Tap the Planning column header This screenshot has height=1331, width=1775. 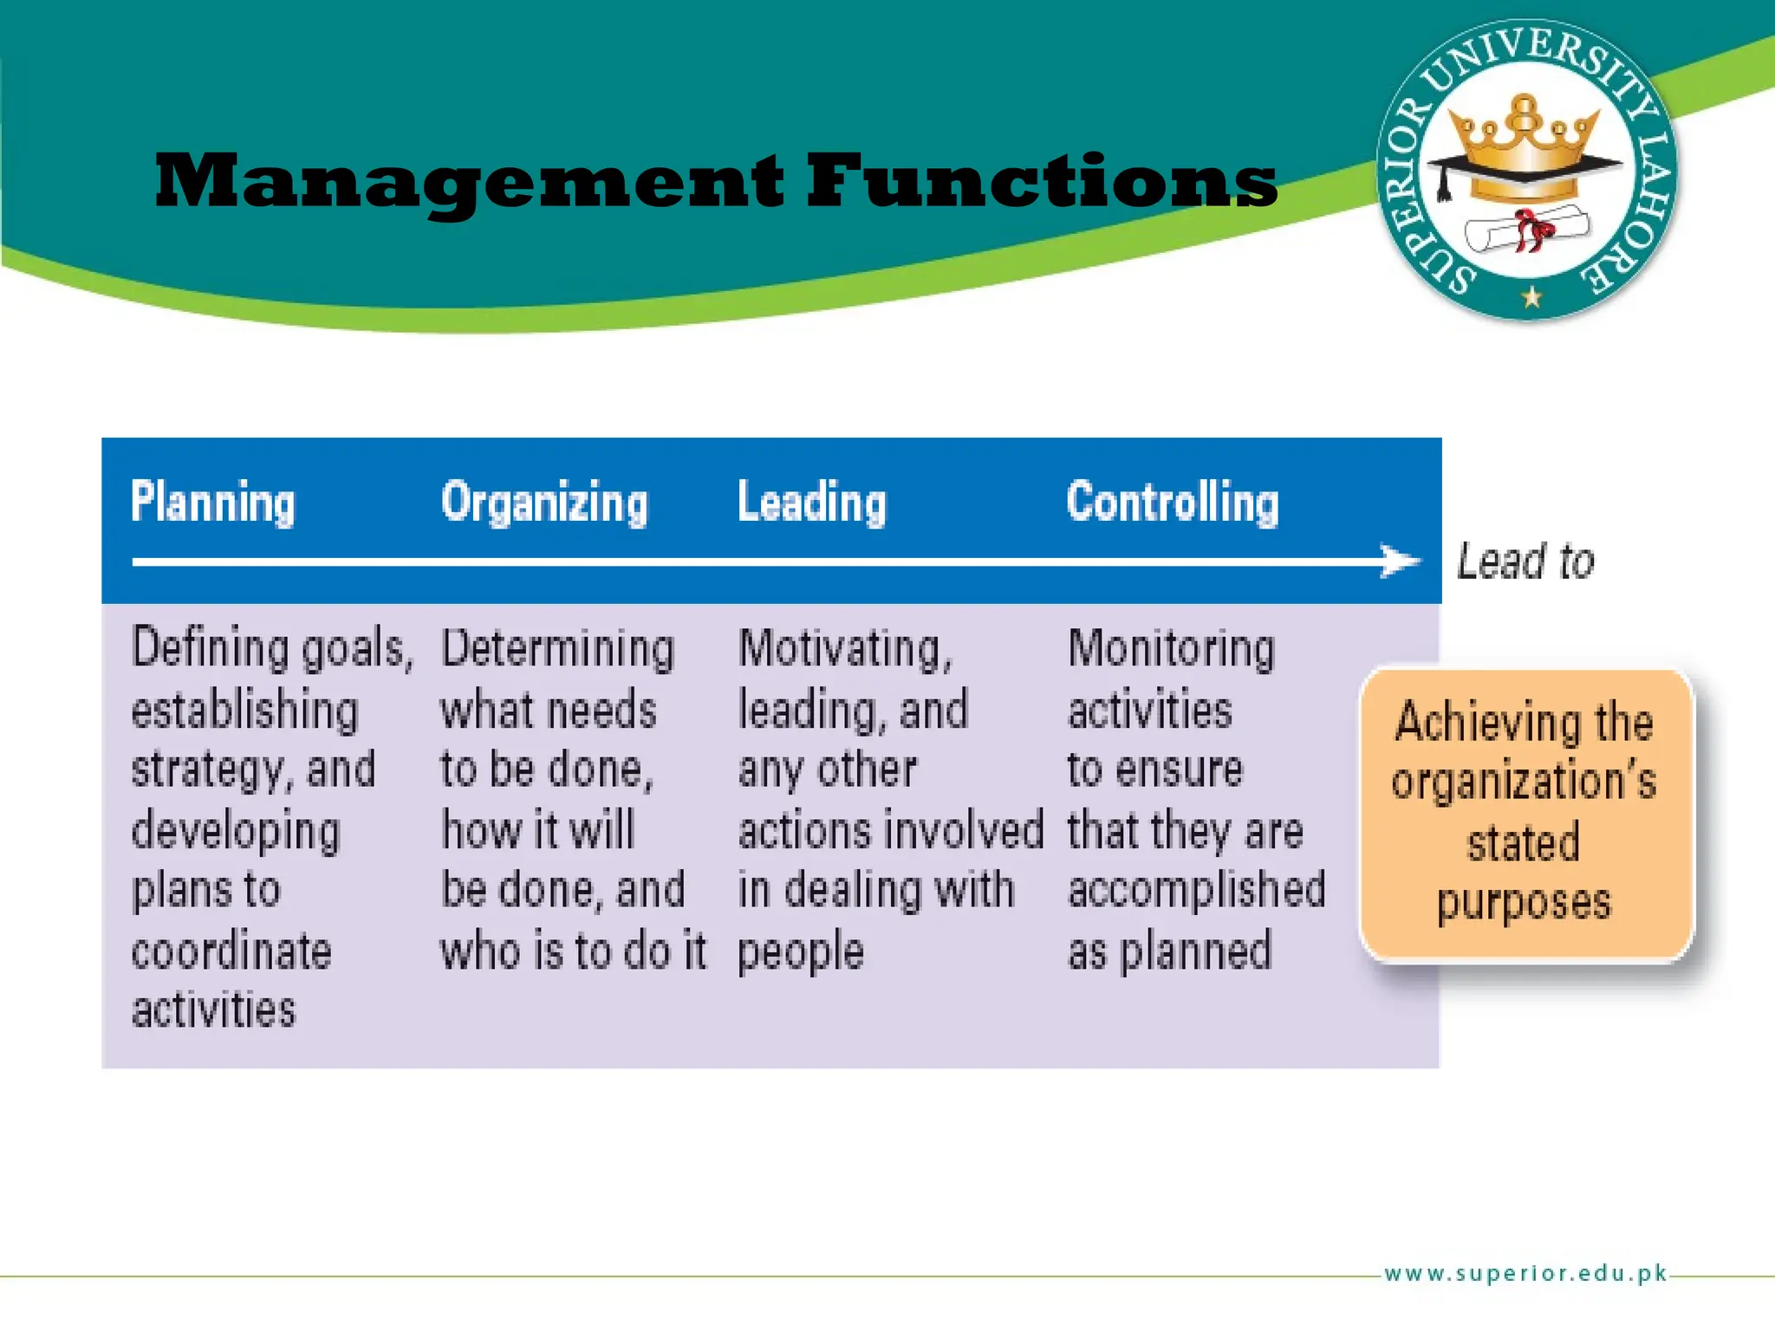click(x=212, y=503)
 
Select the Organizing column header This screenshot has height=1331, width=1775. click(x=544, y=503)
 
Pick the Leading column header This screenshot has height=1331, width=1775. click(x=811, y=503)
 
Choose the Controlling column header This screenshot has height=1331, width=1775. click(x=1172, y=503)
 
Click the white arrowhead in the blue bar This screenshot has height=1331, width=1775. click(x=1400, y=561)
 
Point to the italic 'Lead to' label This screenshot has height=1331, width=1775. click(x=1525, y=562)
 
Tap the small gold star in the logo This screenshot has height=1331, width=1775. click(x=1531, y=297)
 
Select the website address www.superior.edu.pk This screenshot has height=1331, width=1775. click(x=1525, y=1273)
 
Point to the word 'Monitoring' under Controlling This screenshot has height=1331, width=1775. click(x=1171, y=650)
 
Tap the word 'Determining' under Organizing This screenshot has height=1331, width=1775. click(x=557, y=650)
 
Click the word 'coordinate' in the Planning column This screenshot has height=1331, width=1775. click(x=231, y=951)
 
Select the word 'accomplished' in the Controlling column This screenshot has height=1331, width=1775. click(x=1196, y=890)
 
